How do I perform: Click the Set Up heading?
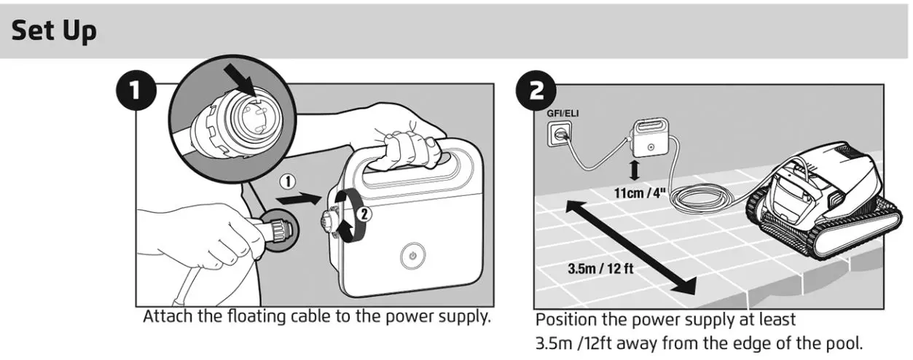click(x=54, y=31)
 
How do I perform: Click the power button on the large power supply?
click(x=412, y=257)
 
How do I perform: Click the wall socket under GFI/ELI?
click(x=560, y=133)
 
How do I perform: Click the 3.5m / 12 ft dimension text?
click(x=600, y=267)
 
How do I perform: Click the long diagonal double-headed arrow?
click(x=627, y=248)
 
